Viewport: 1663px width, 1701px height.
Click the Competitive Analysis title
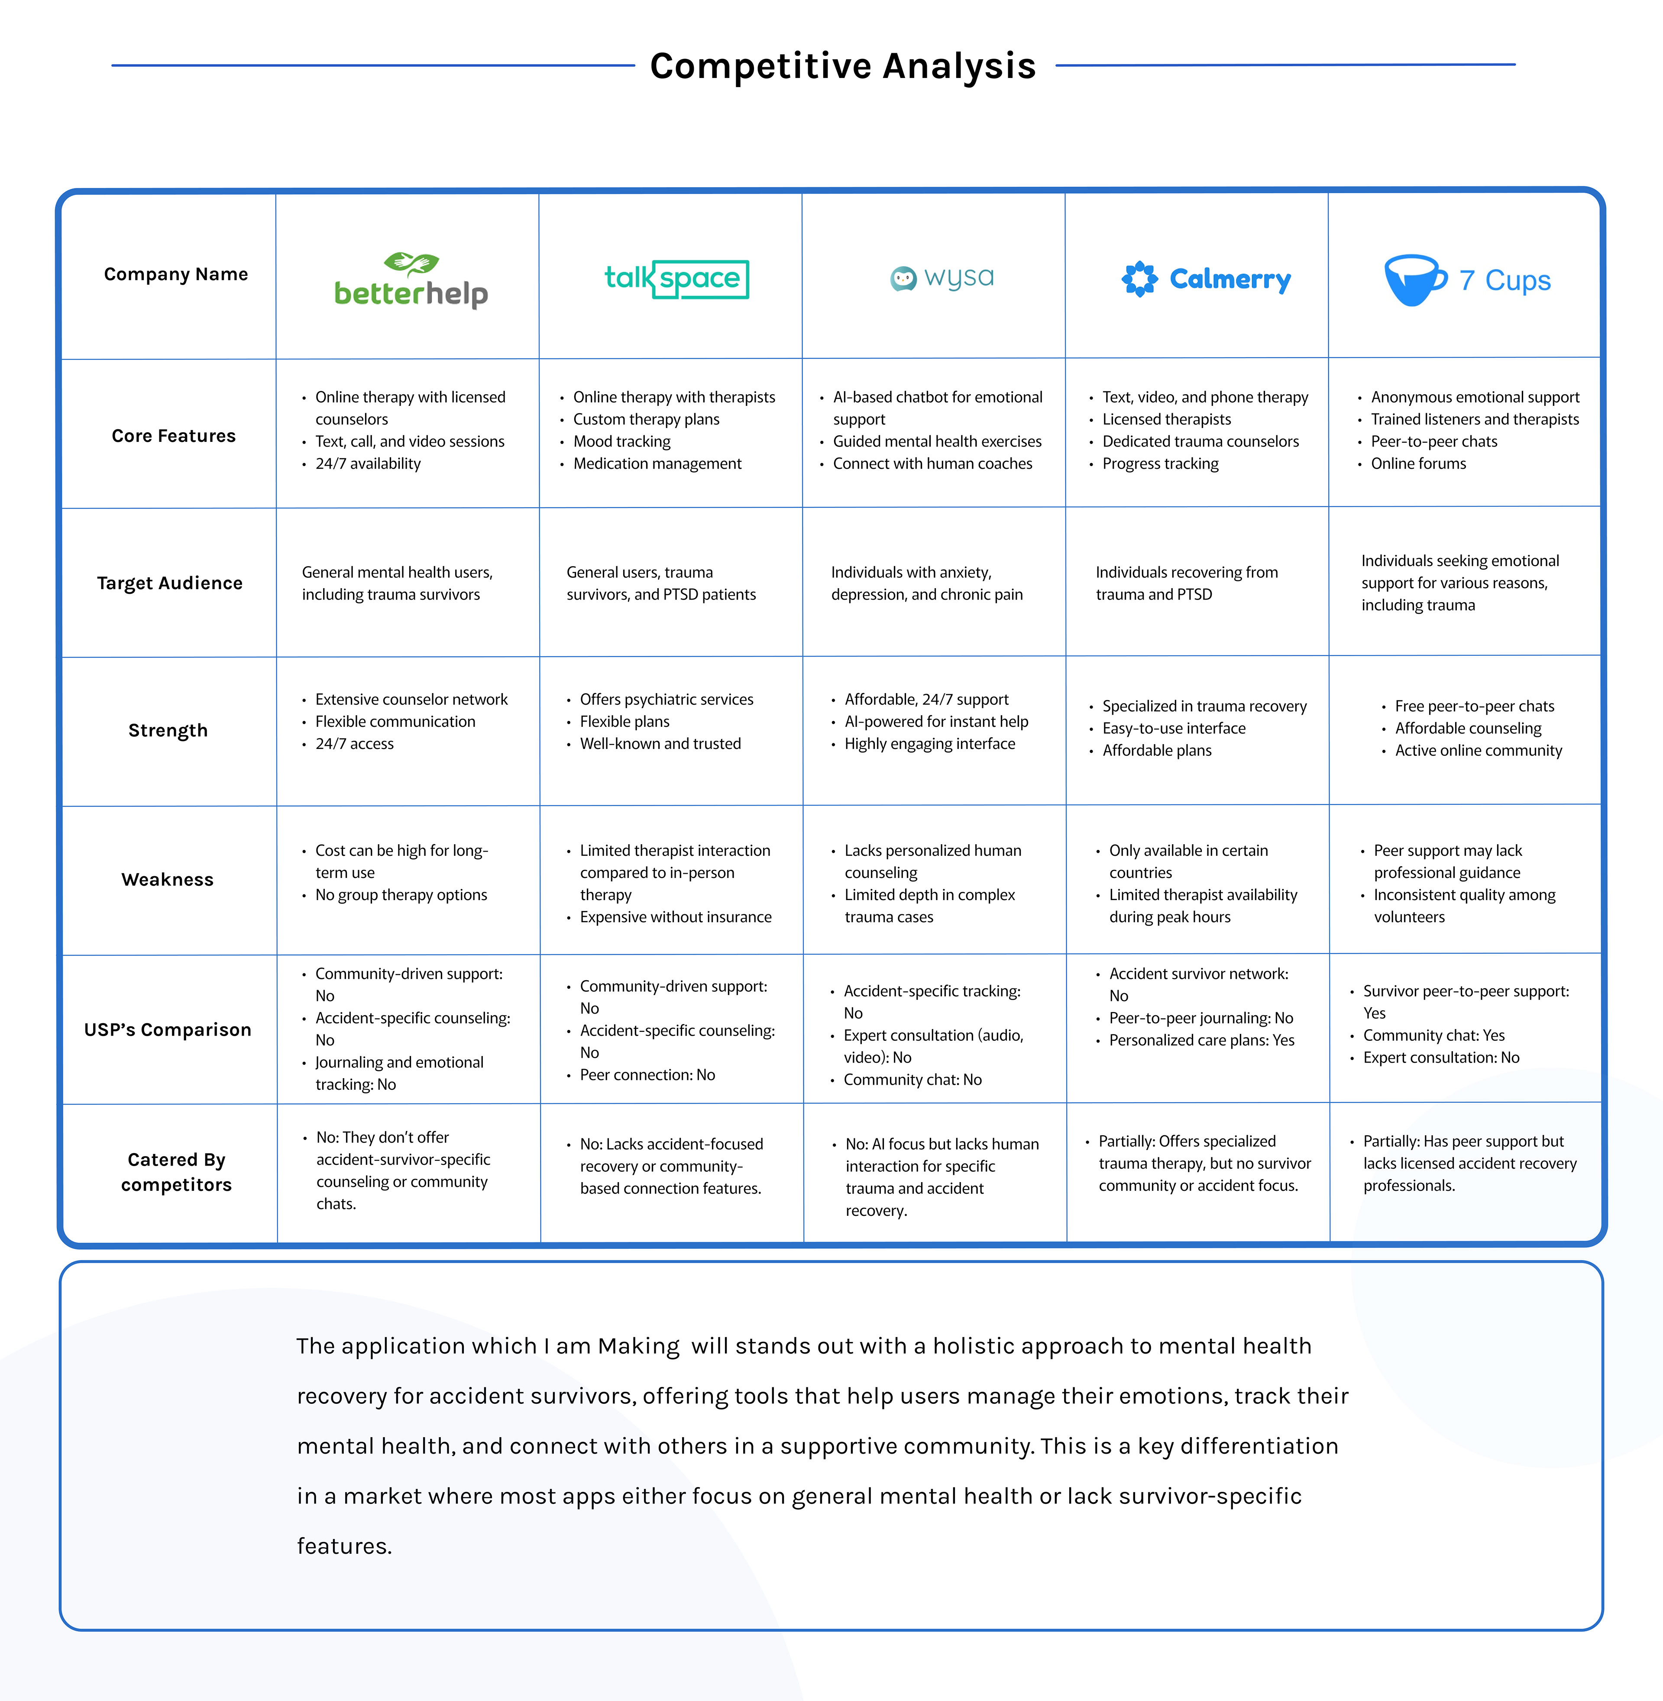point(843,66)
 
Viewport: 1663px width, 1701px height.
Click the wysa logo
point(942,278)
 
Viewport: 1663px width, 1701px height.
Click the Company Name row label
point(175,274)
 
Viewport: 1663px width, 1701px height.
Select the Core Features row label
point(174,436)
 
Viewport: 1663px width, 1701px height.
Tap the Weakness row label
point(168,880)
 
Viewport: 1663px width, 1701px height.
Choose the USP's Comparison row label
point(168,1030)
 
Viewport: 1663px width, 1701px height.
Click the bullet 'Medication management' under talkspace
point(657,464)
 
